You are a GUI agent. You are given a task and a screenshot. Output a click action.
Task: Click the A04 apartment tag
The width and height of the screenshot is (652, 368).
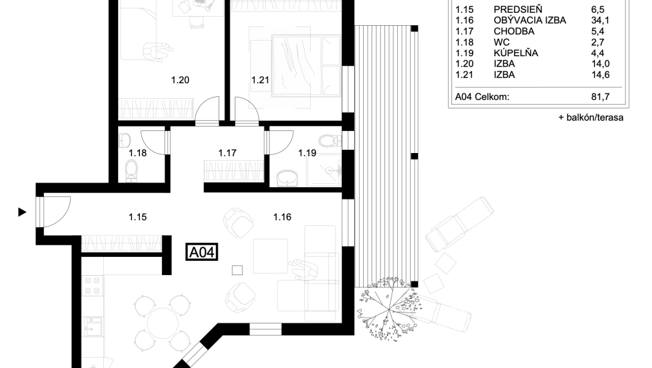pyautogui.click(x=202, y=252)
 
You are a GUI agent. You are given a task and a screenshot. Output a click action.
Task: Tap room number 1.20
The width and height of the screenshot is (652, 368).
pyautogui.click(x=180, y=81)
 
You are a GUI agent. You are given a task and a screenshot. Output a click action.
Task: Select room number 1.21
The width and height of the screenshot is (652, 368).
pyautogui.click(x=259, y=81)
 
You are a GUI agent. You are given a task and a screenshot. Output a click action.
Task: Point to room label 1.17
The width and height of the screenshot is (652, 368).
pyautogui.click(x=228, y=154)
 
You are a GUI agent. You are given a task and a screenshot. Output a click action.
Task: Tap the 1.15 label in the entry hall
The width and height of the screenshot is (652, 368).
pyautogui.click(x=137, y=217)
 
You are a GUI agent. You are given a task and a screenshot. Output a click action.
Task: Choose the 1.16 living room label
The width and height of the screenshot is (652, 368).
pyautogui.click(x=282, y=217)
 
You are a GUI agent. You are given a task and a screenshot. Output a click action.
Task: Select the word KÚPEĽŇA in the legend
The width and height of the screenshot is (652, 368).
pyautogui.click(x=516, y=53)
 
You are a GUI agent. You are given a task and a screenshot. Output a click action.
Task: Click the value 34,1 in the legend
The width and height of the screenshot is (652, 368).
pyautogui.click(x=600, y=20)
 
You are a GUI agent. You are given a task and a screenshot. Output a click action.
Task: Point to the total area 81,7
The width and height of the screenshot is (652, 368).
pyautogui.click(x=600, y=97)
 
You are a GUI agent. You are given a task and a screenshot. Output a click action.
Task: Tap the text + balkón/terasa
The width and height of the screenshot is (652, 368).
pyautogui.click(x=591, y=118)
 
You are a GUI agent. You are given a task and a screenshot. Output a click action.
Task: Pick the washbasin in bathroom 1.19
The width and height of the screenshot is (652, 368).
pyautogui.click(x=286, y=176)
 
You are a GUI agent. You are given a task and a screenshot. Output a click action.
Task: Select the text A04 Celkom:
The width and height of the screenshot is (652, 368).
pyautogui.click(x=482, y=97)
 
